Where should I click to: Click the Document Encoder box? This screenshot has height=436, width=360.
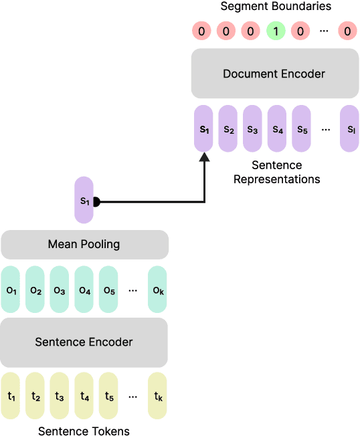point(274,73)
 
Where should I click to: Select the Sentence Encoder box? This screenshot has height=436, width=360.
point(84,342)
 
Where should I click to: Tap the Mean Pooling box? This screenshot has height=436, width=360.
point(84,244)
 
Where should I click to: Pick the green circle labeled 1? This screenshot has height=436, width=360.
point(274,31)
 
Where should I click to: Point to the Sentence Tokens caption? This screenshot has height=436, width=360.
point(84,431)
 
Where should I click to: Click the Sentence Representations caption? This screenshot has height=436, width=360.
point(276,172)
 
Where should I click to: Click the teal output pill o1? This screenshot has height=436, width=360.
point(11,290)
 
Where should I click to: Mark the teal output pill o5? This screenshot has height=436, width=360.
point(108,290)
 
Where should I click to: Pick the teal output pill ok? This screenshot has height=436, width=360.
point(157,290)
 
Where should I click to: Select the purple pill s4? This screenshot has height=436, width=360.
point(277,128)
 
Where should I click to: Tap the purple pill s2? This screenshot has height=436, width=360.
point(228,128)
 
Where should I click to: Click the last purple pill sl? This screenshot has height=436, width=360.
point(349,128)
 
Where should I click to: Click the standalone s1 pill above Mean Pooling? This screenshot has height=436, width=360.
point(84,200)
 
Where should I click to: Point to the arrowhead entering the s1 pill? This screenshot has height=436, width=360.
point(204,156)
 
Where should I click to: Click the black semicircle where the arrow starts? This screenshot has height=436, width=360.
point(97,201)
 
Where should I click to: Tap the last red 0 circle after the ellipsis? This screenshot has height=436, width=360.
point(346,31)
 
